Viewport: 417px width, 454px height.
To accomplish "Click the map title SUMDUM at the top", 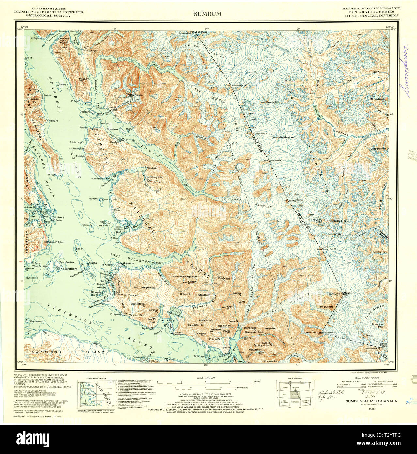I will click(208, 14).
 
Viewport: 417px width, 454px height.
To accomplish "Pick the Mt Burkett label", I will click(326, 307).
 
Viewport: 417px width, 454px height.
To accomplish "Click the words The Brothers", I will click(68, 269).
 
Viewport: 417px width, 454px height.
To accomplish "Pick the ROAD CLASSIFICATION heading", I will click(366, 378).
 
